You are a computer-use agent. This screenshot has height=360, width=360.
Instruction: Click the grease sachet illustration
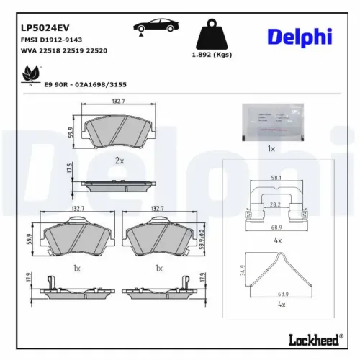pyautogui.click(x=271, y=120)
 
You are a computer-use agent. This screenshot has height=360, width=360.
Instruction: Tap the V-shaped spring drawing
pyautogui.click(x=277, y=270)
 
